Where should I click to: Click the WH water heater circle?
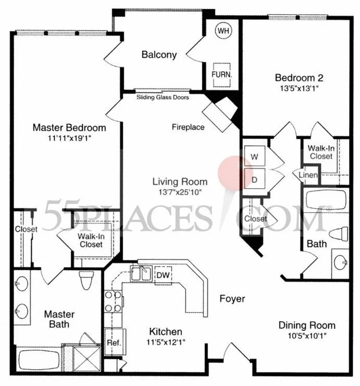pos(224,31)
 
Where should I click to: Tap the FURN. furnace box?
pos(222,75)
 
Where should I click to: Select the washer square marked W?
pos(255,156)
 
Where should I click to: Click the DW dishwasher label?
pos(163,275)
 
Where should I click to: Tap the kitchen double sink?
pos(141,274)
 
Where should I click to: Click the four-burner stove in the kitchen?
pos(113,301)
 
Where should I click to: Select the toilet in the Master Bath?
pos(86,280)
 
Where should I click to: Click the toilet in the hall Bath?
pos(339,234)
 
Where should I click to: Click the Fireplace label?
pos(188,127)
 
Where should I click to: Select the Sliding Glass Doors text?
pos(163,97)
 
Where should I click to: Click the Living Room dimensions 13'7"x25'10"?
pos(180,192)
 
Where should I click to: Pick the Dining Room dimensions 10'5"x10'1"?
pos(307,336)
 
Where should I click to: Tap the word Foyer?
pos(232,299)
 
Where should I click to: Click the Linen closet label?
pos(308,175)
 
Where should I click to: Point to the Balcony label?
pos(159,54)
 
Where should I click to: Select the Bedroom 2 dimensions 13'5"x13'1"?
pos(299,88)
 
